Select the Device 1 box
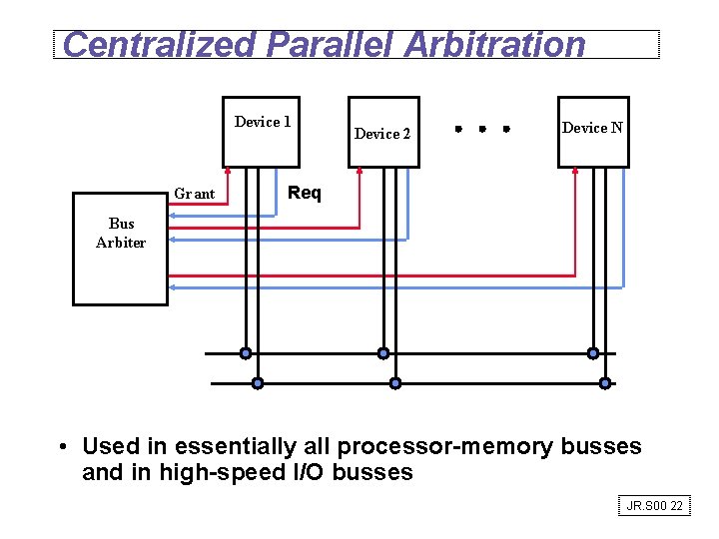point(262,130)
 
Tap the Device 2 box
point(383,132)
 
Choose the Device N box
point(593,130)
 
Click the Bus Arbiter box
point(120,248)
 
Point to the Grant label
point(195,194)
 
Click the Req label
point(305,193)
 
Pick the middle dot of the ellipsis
point(481,129)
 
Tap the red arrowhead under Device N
point(575,172)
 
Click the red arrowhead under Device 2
point(359,172)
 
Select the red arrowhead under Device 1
point(228,172)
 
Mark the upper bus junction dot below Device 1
point(245,353)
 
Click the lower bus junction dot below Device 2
point(395,383)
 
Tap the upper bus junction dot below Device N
point(593,353)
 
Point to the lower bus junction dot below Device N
point(605,383)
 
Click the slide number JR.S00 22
point(655,506)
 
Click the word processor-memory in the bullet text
point(445,446)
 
